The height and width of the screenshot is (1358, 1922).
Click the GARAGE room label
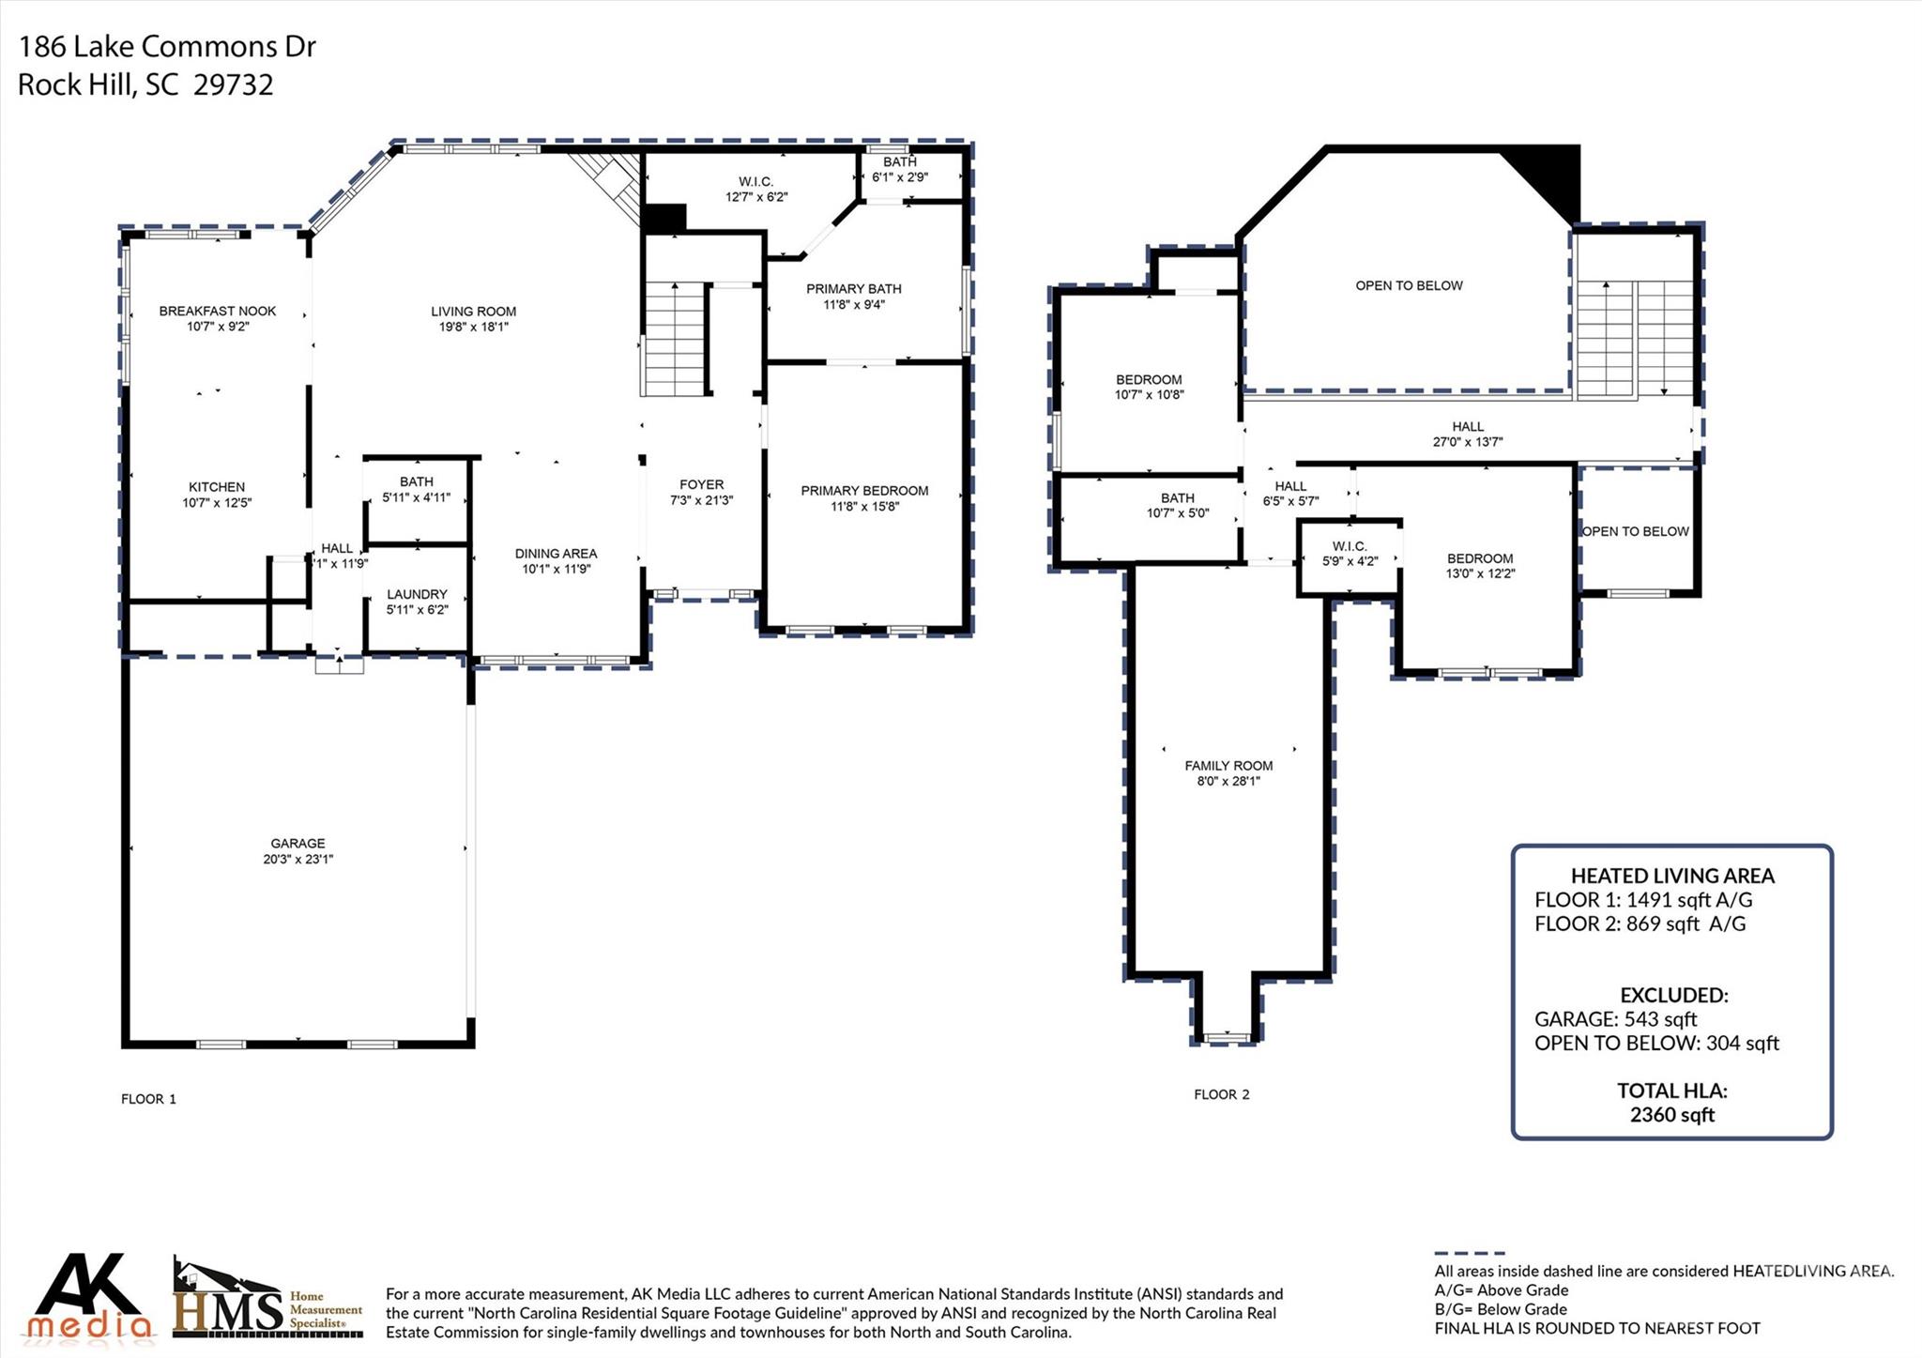click(x=297, y=843)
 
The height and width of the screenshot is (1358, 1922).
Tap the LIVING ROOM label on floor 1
click(x=473, y=311)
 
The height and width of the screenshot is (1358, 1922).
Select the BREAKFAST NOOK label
click(x=218, y=311)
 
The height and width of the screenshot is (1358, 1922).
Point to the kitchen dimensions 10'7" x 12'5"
click(x=217, y=503)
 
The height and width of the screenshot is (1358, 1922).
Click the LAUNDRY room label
click(x=417, y=594)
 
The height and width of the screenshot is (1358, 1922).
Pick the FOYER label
click(x=701, y=484)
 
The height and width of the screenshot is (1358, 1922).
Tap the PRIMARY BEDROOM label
click(x=864, y=490)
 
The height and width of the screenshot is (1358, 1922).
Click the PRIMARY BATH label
click(x=853, y=288)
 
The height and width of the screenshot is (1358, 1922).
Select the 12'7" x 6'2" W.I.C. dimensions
click(x=756, y=197)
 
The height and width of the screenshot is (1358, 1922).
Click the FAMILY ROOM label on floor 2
click(x=1228, y=765)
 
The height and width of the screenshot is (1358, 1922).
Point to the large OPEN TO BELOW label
click(x=1409, y=285)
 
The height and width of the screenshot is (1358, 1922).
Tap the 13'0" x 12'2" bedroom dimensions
click(x=1480, y=573)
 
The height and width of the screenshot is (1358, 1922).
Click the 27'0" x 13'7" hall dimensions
click(x=1468, y=442)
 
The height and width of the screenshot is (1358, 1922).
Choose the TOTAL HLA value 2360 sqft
click(x=1671, y=1115)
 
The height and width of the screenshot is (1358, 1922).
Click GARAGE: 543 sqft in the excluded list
click(x=1615, y=1018)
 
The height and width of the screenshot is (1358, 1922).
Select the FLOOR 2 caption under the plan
click(x=1221, y=1094)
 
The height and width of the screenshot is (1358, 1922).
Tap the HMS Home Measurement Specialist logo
click(x=267, y=1299)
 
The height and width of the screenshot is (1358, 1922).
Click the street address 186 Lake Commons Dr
click(x=167, y=46)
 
